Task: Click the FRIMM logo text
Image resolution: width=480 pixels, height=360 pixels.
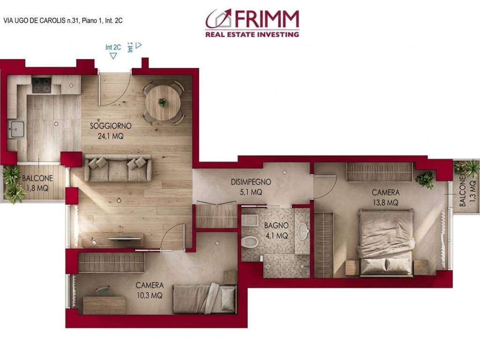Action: click(264, 19)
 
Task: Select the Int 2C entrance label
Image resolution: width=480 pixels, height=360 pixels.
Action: click(113, 47)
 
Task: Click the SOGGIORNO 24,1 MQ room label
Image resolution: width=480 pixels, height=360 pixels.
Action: click(110, 131)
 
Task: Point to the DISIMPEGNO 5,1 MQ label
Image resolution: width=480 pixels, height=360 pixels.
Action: click(250, 187)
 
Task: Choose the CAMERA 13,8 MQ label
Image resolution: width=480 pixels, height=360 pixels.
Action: click(385, 197)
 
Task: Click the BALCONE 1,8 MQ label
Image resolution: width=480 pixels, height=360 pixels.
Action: click(37, 183)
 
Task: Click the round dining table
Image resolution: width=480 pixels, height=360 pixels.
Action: click(162, 102)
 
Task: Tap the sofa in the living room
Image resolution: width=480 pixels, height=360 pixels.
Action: click(118, 168)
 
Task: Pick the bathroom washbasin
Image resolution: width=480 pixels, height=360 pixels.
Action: click(304, 231)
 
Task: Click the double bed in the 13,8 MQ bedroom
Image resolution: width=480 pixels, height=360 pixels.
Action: click(386, 242)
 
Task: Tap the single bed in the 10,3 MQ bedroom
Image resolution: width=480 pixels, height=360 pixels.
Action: click(204, 298)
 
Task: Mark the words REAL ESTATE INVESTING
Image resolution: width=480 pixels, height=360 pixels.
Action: click(252, 34)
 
